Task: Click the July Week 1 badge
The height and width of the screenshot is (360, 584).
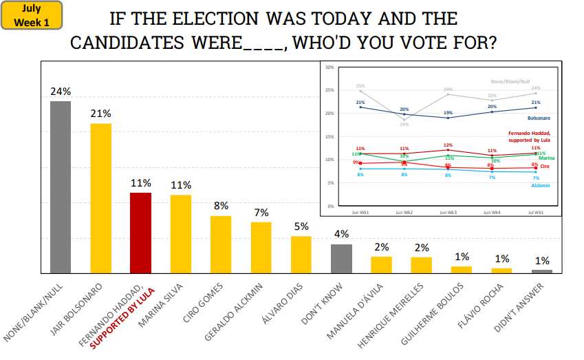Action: point(32,15)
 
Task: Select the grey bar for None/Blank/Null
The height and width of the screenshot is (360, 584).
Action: point(61,187)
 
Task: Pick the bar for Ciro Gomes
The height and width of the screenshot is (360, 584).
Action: point(221,244)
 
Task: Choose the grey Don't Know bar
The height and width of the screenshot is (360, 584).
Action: point(341,258)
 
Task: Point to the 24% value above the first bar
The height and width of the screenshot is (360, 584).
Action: point(61,92)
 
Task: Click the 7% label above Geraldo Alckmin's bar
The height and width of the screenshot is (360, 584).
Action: point(261,213)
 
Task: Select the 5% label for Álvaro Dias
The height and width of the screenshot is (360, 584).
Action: point(301,226)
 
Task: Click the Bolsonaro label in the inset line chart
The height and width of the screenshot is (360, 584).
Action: point(537,118)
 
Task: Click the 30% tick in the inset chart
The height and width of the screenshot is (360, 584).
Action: point(329,67)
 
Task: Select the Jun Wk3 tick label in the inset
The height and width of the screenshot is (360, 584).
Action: point(447,213)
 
